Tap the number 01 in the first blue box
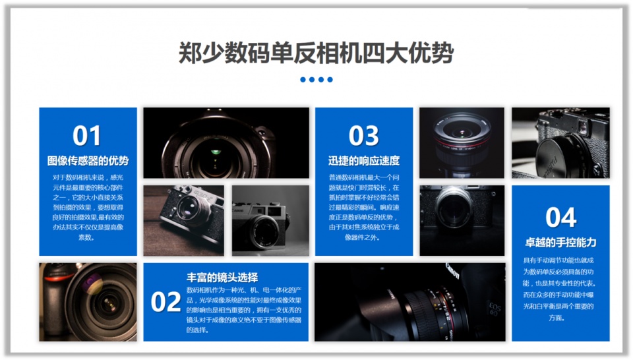click(x=87, y=136)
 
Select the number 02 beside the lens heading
click(x=166, y=302)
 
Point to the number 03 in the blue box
click(x=363, y=136)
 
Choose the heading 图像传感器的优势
click(x=88, y=160)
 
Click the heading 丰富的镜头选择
click(x=222, y=277)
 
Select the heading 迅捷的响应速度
click(x=364, y=160)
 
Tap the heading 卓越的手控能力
click(x=560, y=242)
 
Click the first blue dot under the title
click(x=303, y=80)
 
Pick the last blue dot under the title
click(x=330, y=80)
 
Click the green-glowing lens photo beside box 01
click(x=226, y=142)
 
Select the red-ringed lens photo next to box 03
click(x=462, y=142)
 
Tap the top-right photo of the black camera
click(x=560, y=142)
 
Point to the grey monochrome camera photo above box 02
click(x=270, y=220)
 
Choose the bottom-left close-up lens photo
click(x=88, y=302)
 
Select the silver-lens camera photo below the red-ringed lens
click(x=462, y=220)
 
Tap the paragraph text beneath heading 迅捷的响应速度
click(x=364, y=207)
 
